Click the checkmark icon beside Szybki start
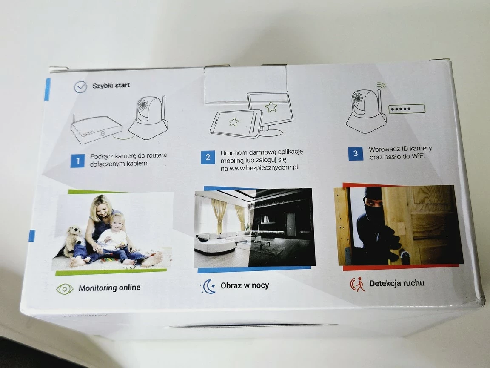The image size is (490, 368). coord(81,87)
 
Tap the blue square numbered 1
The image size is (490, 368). coord(77,161)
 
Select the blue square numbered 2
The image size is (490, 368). coord(208,157)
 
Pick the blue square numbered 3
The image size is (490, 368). coord(356,154)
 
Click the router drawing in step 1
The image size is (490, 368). coord(97,129)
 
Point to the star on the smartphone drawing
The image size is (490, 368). coord(234,122)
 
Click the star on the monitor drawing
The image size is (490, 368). coord(271,107)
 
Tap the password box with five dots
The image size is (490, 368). coord(407,109)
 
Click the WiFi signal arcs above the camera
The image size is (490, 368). coord(381,86)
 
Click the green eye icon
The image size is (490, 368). coord(65,289)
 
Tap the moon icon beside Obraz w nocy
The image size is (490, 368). coord(208,286)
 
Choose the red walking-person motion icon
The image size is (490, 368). coord(357,284)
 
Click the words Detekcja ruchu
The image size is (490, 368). coord(397,283)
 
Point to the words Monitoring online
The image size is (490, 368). coord(109,287)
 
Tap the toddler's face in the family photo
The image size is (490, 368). coord(117,222)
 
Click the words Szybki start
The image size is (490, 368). coord(111,86)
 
